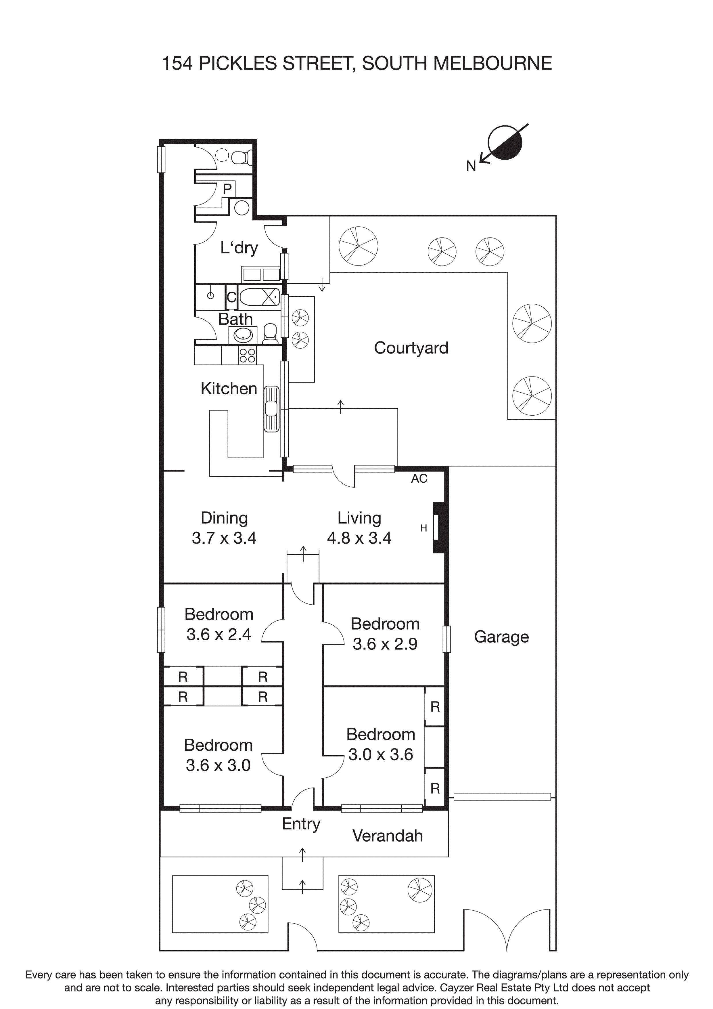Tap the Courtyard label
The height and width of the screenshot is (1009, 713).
pos(411,348)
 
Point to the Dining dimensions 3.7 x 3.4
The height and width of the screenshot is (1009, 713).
pos(224,538)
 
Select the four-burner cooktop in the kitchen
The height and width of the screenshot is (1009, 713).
pos(247,355)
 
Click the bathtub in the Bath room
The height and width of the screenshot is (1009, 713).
pos(260,297)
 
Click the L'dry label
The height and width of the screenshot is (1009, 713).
pos(239,248)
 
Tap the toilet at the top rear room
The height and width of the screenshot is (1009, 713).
pos(241,157)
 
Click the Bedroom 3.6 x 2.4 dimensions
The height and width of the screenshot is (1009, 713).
pos(218,634)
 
